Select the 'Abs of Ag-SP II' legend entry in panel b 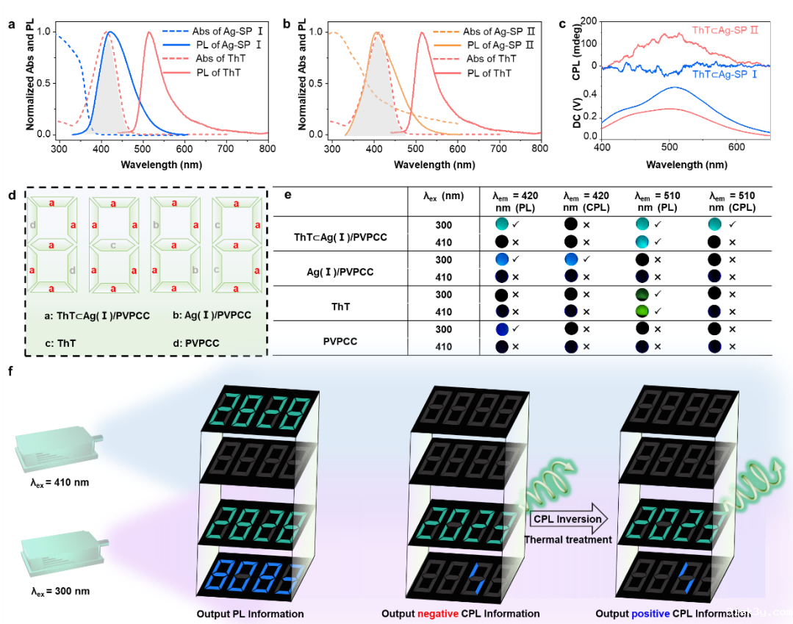(x=493, y=32)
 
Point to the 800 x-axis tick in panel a (x=268, y=148)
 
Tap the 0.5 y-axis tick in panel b (x=317, y=83)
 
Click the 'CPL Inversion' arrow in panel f (x=567, y=519)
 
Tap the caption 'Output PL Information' (x=250, y=614)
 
